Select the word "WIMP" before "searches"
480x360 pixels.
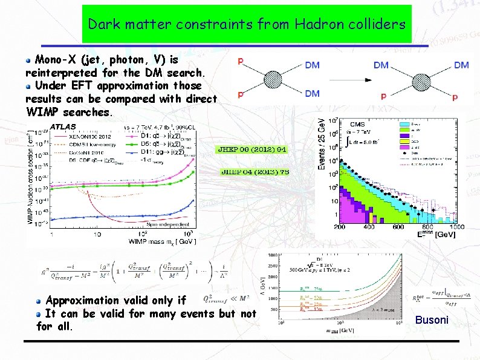[x=46, y=112]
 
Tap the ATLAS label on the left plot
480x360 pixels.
[x=62, y=126]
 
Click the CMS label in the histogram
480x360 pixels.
[x=358, y=124]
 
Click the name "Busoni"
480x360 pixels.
[x=431, y=319]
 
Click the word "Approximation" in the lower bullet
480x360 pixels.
[x=83, y=300]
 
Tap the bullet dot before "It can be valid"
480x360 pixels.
[x=39, y=313]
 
